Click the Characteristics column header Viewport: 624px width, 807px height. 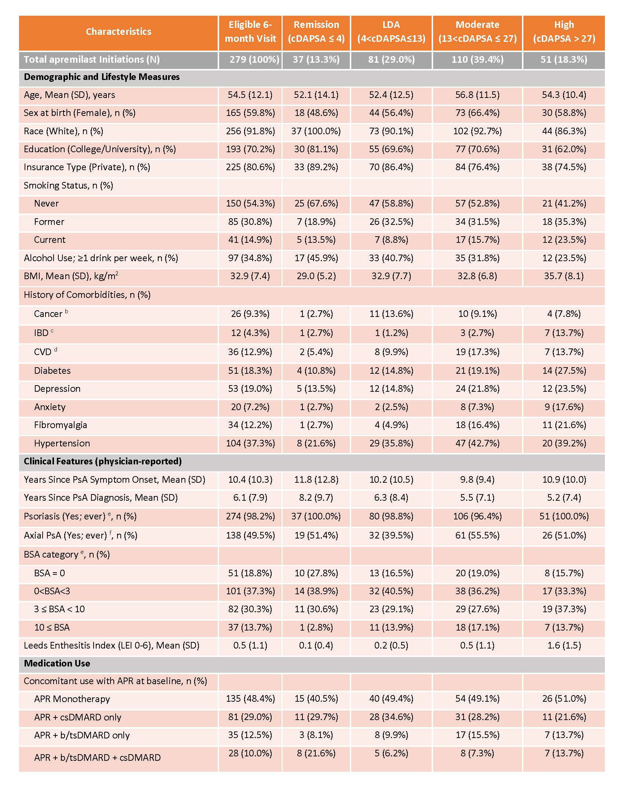point(118,32)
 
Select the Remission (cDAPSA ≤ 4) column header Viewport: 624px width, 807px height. point(316,32)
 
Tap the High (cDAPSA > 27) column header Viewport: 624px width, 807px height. point(564,32)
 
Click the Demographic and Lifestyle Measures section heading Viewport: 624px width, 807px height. point(102,77)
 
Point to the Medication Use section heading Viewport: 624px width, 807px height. point(57,663)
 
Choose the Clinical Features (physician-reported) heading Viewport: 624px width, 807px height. point(103,461)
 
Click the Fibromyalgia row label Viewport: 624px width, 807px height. point(61,425)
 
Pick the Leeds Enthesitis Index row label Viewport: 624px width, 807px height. point(111,645)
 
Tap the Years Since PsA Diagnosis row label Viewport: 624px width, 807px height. point(101,497)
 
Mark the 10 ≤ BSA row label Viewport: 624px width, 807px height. point(52,627)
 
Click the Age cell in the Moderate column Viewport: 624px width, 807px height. point(477,95)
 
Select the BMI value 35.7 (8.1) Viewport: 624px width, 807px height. point(564,276)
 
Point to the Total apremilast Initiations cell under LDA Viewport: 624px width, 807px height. point(391,59)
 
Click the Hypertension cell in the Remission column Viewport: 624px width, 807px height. point(316,443)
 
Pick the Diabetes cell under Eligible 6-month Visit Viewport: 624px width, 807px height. point(250,370)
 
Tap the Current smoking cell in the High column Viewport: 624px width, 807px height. point(564,240)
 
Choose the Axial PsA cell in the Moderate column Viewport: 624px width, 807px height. point(477,535)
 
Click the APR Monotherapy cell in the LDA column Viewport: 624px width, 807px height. point(391,698)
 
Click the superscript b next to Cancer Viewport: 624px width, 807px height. point(66,311)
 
